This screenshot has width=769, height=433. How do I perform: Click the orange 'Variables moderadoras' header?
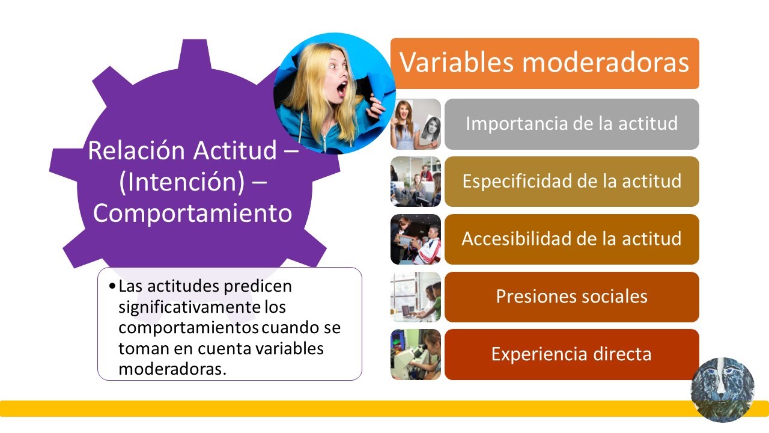(544, 63)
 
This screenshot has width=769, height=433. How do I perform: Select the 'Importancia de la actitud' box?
(571, 124)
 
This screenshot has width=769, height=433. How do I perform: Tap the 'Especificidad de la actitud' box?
(571, 182)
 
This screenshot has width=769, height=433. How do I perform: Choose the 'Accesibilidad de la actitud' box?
(571, 239)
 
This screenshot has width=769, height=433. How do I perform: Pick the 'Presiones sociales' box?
(571, 296)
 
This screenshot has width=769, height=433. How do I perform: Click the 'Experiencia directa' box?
(571, 354)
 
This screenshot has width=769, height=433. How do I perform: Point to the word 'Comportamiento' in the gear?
(192, 213)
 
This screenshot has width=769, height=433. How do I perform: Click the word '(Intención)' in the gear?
(181, 182)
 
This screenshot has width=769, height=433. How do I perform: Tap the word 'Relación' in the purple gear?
(138, 150)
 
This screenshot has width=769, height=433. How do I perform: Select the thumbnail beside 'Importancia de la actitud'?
(416, 124)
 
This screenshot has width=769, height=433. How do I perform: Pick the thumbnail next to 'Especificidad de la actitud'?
(416, 182)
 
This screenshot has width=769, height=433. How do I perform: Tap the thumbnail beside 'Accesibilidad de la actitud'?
(416, 239)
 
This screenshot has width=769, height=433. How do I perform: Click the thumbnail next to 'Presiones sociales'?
(416, 296)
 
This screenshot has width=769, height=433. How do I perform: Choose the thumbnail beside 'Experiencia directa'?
(416, 354)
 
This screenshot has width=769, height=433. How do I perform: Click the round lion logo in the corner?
(722, 389)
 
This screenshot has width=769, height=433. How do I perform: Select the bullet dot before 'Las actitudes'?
(113, 286)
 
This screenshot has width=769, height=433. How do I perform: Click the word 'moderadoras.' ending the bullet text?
(172, 369)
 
